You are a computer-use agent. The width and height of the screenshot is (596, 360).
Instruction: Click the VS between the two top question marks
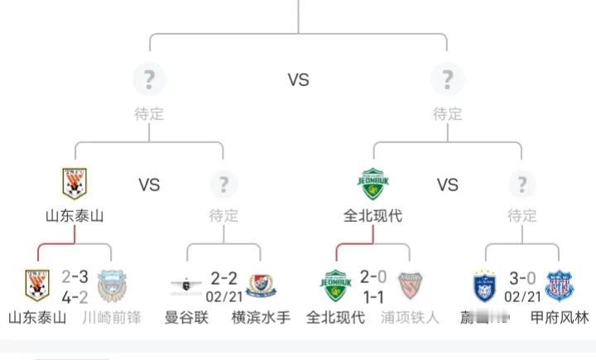point(298,79)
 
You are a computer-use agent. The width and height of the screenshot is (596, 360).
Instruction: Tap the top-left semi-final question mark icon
point(149,79)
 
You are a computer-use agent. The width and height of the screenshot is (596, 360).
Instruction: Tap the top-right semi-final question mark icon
point(447,79)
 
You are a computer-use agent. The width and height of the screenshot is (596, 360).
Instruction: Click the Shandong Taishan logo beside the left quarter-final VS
point(75,184)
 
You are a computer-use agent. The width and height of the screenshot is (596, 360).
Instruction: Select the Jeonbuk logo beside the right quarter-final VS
point(372,184)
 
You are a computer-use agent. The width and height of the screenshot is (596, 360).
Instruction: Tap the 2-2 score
point(223,277)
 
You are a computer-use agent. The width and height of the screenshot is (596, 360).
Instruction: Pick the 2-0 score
point(372,277)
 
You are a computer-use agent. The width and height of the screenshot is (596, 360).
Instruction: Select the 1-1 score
point(372,295)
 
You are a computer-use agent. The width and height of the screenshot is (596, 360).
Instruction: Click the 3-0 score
point(521,277)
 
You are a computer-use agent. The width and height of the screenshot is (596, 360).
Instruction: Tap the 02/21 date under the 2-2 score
point(223,295)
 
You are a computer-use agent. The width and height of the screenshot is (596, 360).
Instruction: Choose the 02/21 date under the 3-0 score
point(521,295)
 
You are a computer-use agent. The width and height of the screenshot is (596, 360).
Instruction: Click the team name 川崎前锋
point(112,317)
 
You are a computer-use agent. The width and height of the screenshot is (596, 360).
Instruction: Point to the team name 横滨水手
point(261,317)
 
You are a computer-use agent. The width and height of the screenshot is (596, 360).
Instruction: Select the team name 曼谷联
point(186,317)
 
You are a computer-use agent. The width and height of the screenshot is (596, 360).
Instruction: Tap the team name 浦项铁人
point(410,317)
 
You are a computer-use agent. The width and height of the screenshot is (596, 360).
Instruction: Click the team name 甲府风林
point(559,317)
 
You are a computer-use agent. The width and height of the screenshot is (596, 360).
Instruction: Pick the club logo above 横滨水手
point(260,286)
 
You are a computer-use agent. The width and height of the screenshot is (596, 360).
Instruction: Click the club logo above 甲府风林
point(559,286)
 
